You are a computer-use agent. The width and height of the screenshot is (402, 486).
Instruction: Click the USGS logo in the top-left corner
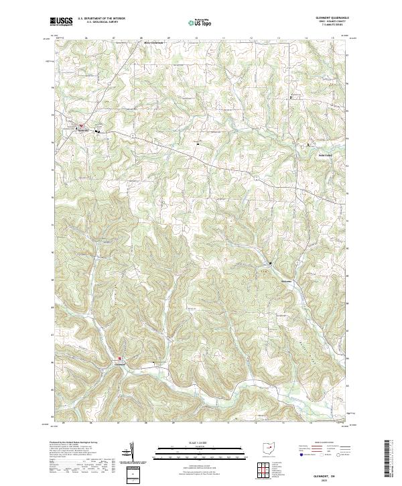coord(61,22)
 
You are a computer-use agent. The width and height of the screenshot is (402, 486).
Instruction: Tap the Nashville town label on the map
coord(84,131)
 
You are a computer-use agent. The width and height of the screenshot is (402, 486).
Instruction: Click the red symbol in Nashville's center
coord(82,125)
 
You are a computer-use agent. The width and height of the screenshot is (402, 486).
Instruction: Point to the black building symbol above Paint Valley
coord(308,145)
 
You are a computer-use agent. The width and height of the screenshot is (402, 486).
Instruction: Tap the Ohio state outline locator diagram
coord(269,448)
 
